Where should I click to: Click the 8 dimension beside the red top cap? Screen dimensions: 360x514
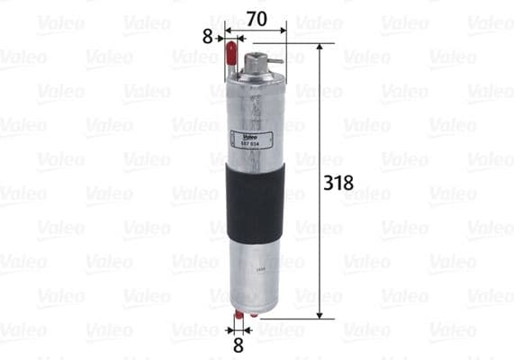tap(208, 38)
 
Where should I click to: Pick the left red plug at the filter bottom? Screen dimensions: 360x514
tap(239, 317)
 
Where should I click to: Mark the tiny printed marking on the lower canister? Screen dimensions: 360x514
tap(260, 267)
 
